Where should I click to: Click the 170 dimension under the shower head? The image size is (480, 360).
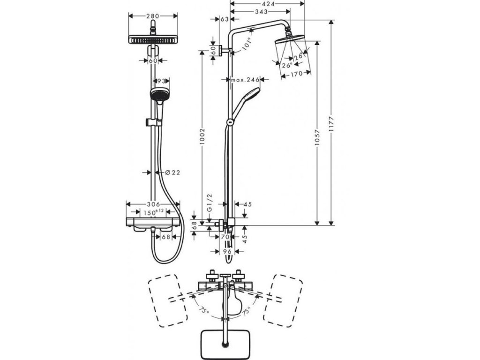point(296,74)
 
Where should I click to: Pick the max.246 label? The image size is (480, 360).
point(245,80)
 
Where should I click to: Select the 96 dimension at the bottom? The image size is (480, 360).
point(228,252)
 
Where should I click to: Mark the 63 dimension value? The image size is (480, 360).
point(224,19)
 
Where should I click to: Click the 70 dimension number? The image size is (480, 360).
point(224,237)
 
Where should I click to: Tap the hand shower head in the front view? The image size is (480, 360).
point(158,95)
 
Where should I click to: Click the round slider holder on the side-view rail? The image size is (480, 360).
point(229,122)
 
